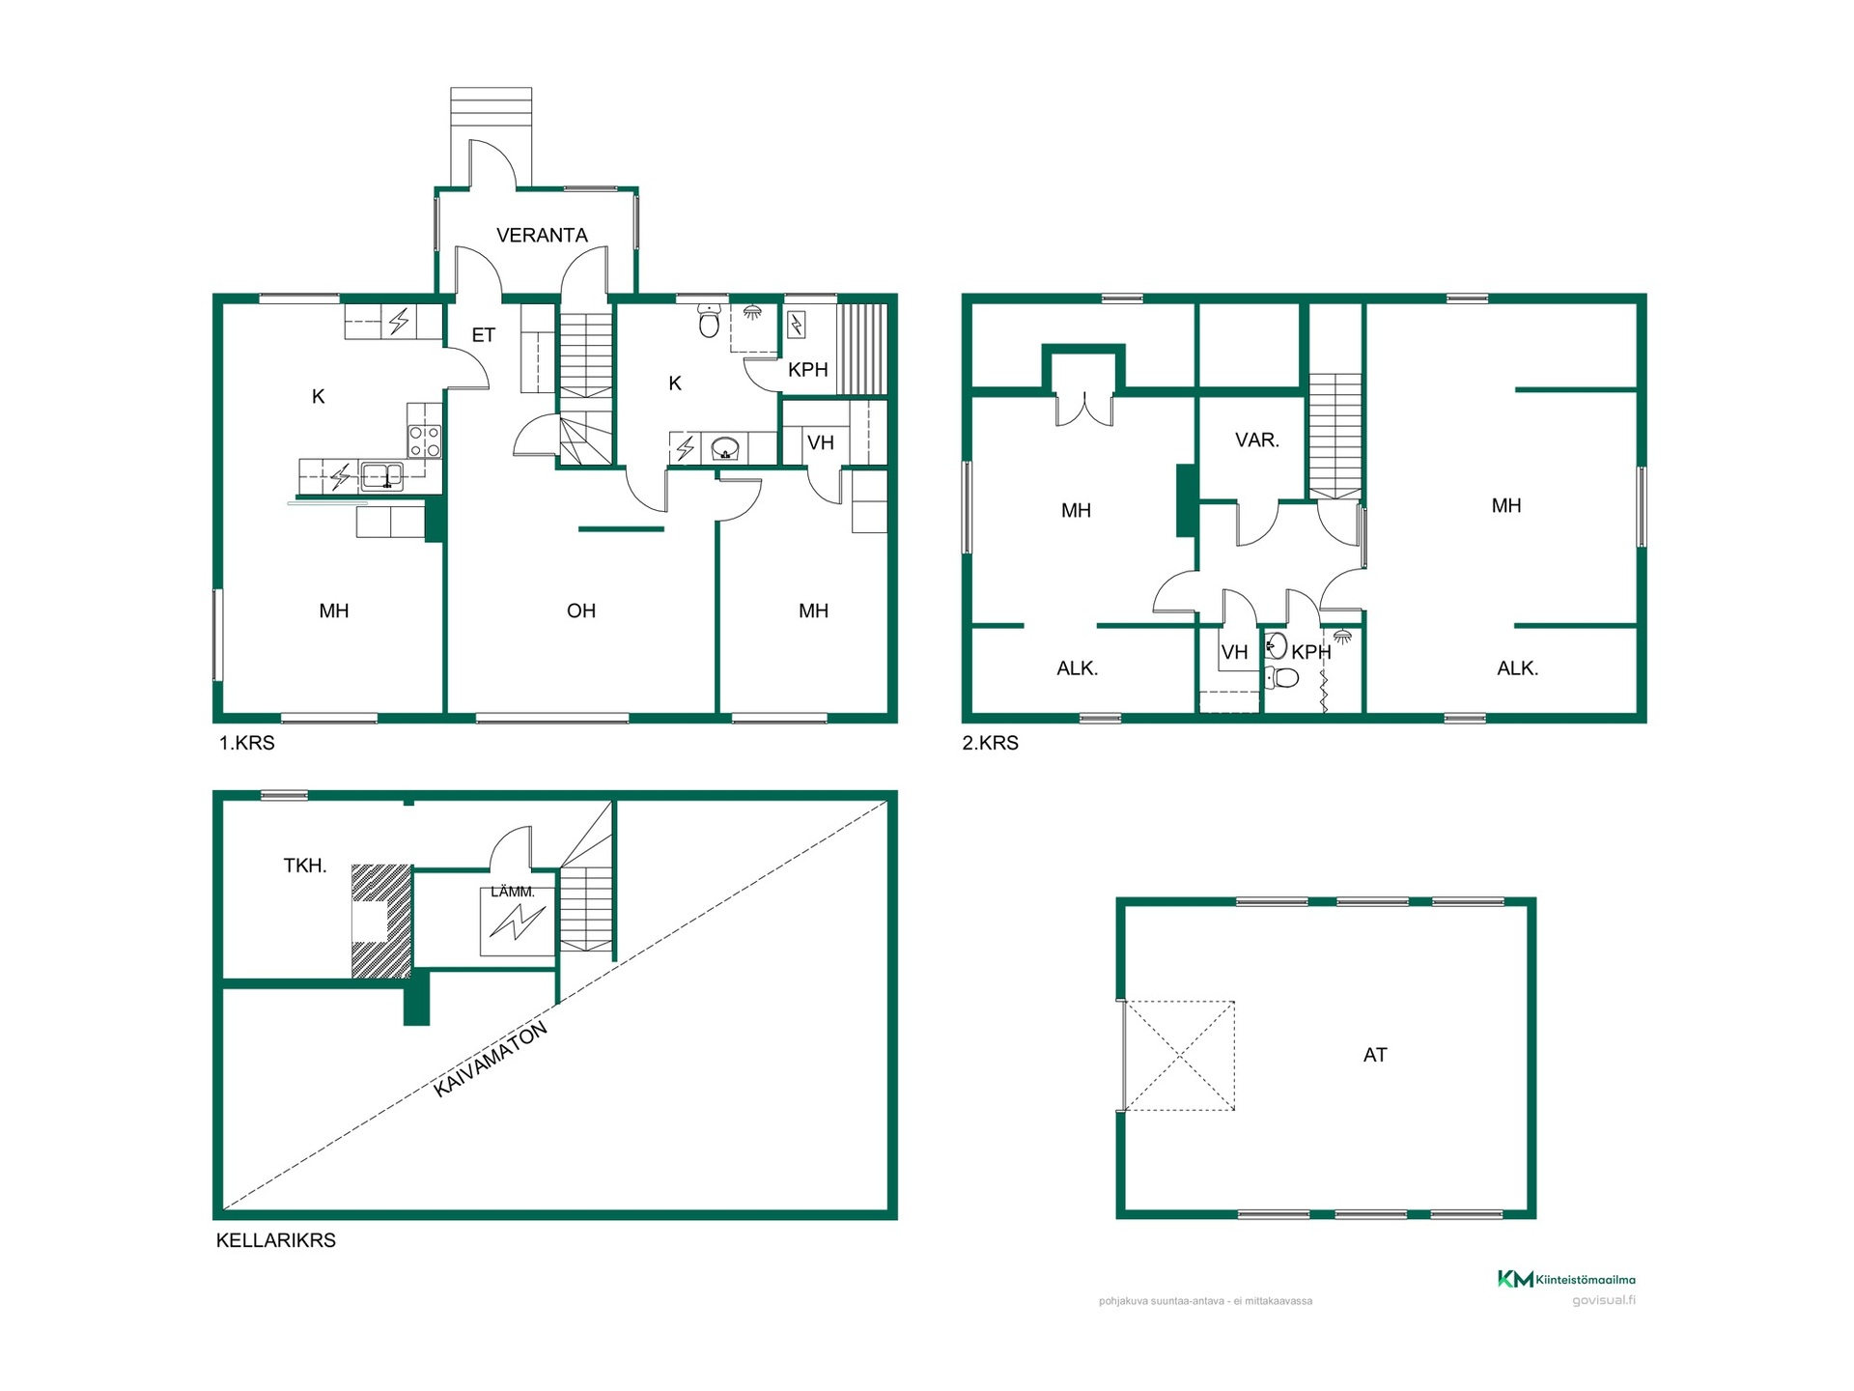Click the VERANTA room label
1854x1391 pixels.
coord(542,235)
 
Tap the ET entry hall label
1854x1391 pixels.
coord(483,335)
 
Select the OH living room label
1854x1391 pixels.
coord(581,610)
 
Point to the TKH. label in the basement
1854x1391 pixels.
coord(305,866)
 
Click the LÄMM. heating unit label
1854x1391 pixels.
coord(513,892)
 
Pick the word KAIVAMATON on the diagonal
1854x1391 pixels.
coord(491,1060)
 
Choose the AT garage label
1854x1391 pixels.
coord(1375,1055)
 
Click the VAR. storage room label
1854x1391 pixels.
coord(1257,440)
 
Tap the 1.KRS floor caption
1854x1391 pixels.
coord(247,743)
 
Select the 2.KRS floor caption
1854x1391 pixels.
coord(991,743)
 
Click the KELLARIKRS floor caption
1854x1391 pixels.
coord(276,1240)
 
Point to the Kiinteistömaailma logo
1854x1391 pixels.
coord(1566,1279)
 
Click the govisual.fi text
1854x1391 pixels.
coord(1604,1300)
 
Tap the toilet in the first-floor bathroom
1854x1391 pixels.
coord(710,322)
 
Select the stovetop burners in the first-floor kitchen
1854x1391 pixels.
coord(425,440)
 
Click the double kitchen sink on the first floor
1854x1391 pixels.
coord(382,476)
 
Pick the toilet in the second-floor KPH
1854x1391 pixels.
coord(1282,677)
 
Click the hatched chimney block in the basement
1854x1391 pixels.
coord(381,921)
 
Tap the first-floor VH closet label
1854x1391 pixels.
coord(821,443)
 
